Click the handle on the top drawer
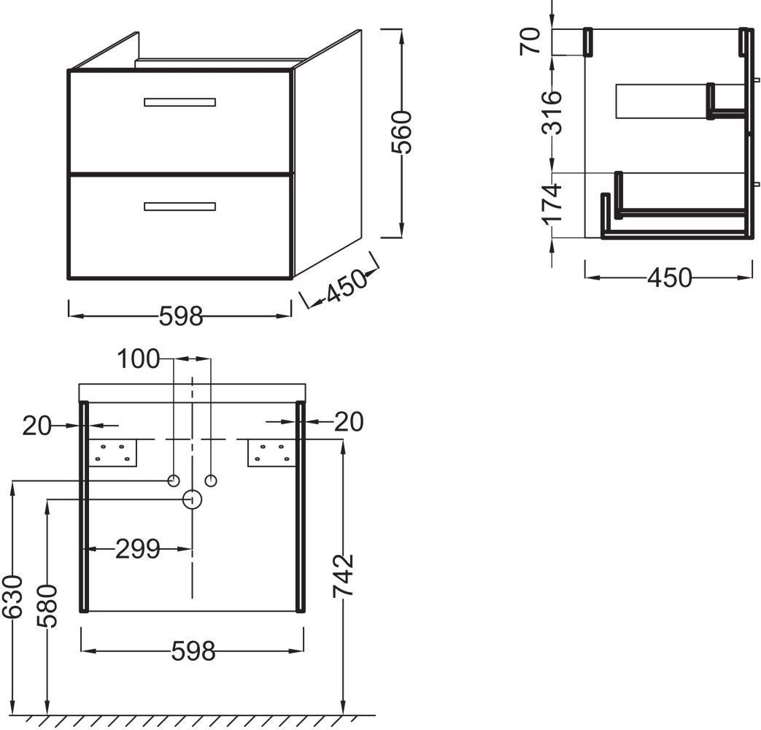pyautogui.click(x=179, y=102)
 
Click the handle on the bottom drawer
pyautogui.click(x=179, y=207)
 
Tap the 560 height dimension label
pyautogui.click(x=402, y=132)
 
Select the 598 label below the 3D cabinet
pyautogui.click(x=181, y=316)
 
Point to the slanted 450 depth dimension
pyautogui.click(x=346, y=286)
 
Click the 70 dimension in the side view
pyautogui.click(x=530, y=42)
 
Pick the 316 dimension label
pyautogui.click(x=552, y=112)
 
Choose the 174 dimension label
pyautogui.click(x=552, y=204)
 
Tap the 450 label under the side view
pyautogui.click(x=670, y=277)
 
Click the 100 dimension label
pyautogui.click(x=139, y=359)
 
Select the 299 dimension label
pyautogui.click(x=138, y=549)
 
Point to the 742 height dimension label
pyautogui.click(x=344, y=576)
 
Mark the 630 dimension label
pyautogui.click(x=12, y=596)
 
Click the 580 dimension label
pyautogui.click(x=47, y=606)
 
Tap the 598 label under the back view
pyautogui.click(x=193, y=651)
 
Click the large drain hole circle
pyautogui.click(x=192, y=499)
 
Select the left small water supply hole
pyautogui.click(x=173, y=481)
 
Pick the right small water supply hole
pyautogui.click(x=211, y=481)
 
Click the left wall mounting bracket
pyautogui.click(x=112, y=453)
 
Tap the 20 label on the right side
pyautogui.click(x=349, y=422)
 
